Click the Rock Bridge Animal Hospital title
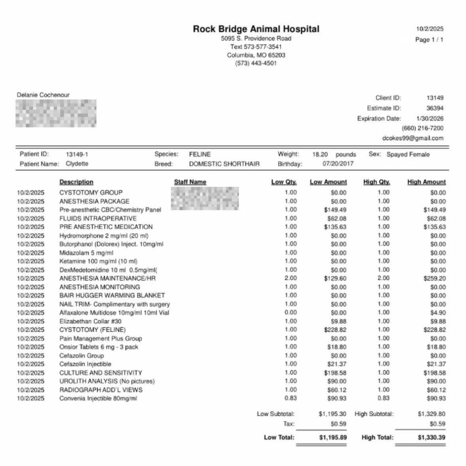(x=256, y=29)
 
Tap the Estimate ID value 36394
(x=435, y=108)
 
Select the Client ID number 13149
(x=435, y=98)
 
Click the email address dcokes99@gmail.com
(x=413, y=138)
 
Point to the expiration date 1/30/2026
(x=430, y=118)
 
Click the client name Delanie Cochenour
(x=43, y=95)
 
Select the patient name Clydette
(x=77, y=164)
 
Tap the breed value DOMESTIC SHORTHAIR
(x=224, y=164)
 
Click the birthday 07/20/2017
(x=338, y=164)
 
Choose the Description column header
(x=76, y=182)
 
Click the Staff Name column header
(x=190, y=182)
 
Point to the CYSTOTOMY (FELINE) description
(x=92, y=330)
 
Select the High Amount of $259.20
(x=434, y=278)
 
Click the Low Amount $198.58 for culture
(x=335, y=373)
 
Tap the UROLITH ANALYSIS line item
(x=107, y=381)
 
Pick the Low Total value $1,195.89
(x=333, y=437)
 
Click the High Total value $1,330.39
(x=431, y=437)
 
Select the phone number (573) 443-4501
(x=256, y=63)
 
